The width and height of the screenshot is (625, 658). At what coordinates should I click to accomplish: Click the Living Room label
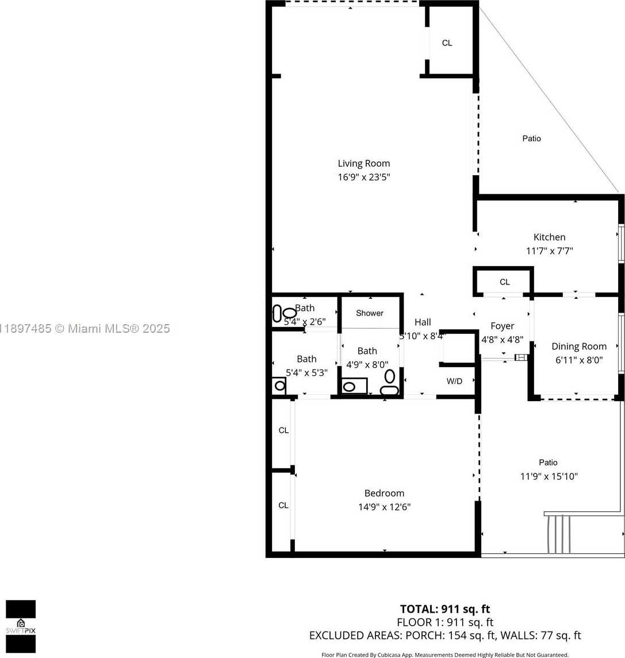pos(363,163)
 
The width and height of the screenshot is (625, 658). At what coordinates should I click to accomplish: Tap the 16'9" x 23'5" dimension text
pos(363,178)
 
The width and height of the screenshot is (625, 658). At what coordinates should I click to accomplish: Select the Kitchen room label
pos(549,237)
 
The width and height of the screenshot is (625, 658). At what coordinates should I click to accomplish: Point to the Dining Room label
pos(578,346)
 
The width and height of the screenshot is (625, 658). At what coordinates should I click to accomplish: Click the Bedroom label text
pos(384,493)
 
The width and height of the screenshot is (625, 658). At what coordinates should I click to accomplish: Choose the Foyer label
pos(502,326)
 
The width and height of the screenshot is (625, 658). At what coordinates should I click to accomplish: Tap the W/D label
pos(454,381)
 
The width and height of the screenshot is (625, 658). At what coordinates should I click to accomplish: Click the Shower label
pos(369,313)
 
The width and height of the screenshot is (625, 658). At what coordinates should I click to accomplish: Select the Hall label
pos(423,322)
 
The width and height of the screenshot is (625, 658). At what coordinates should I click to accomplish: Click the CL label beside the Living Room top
pos(447,43)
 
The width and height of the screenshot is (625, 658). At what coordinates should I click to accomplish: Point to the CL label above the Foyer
pos(504,282)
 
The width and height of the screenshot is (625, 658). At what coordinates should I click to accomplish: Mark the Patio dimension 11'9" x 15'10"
pos(549,476)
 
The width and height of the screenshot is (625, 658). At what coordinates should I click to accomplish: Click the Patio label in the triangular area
pos(531,138)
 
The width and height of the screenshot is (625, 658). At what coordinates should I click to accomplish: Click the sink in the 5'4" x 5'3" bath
pos(279,386)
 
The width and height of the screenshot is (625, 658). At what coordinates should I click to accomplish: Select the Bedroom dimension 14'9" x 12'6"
pos(384,507)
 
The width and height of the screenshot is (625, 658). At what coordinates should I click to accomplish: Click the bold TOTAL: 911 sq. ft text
pos(444,609)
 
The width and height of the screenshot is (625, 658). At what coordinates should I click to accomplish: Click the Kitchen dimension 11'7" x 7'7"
pos(549,251)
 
